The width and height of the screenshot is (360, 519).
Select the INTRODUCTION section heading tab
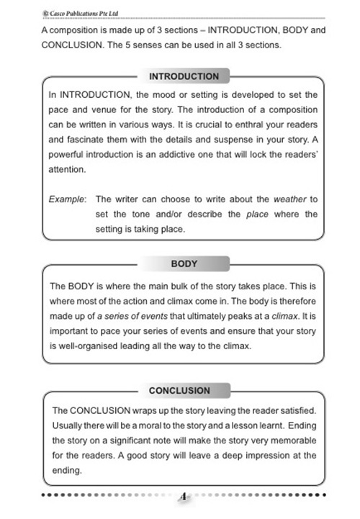click(x=184, y=76)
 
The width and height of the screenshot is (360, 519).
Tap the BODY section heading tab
click(x=184, y=264)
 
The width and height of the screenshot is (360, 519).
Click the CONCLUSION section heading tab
click(x=179, y=390)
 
